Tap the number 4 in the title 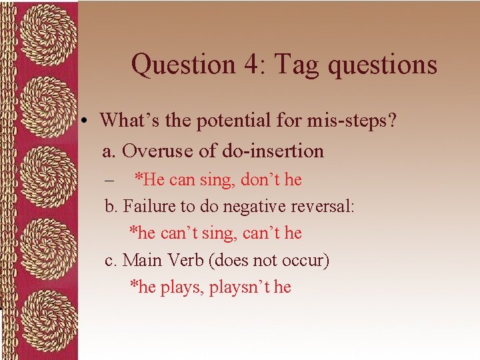click(x=250, y=65)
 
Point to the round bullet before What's click(x=87, y=121)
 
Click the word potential click(x=217, y=121)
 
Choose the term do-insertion click(x=273, y=151)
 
